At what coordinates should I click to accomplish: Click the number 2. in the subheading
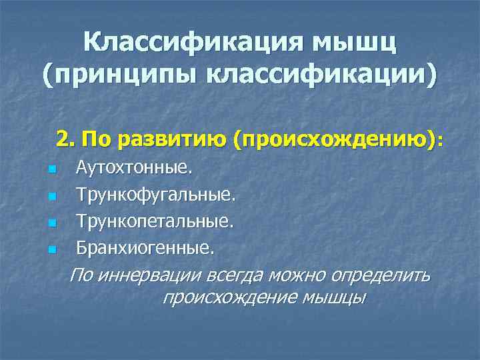tap(65, 139)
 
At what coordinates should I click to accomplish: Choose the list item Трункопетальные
tap(155, 221)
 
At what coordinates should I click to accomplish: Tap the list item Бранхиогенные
tap(145, 249)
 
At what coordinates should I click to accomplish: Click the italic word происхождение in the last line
tap(230, 297)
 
